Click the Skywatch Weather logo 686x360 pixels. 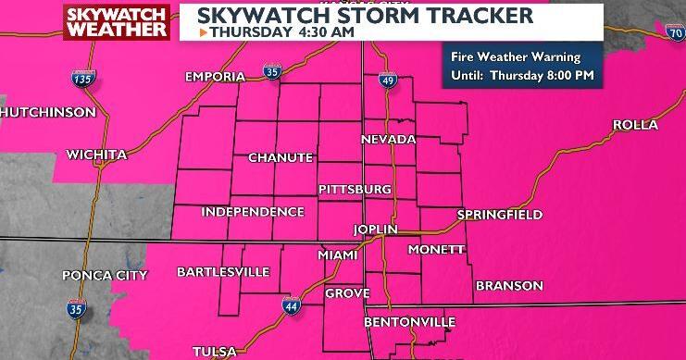116,22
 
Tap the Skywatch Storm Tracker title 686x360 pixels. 365,16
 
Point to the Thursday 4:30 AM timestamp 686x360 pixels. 264,32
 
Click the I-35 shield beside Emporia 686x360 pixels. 269,70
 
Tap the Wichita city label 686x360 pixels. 96,154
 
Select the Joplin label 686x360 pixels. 375,229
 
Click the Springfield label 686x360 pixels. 499,215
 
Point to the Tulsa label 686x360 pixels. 215,351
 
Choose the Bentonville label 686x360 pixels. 410,322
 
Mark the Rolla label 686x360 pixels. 635,125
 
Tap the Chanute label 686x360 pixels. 281,158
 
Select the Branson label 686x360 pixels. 509,286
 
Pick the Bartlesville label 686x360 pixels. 223,272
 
